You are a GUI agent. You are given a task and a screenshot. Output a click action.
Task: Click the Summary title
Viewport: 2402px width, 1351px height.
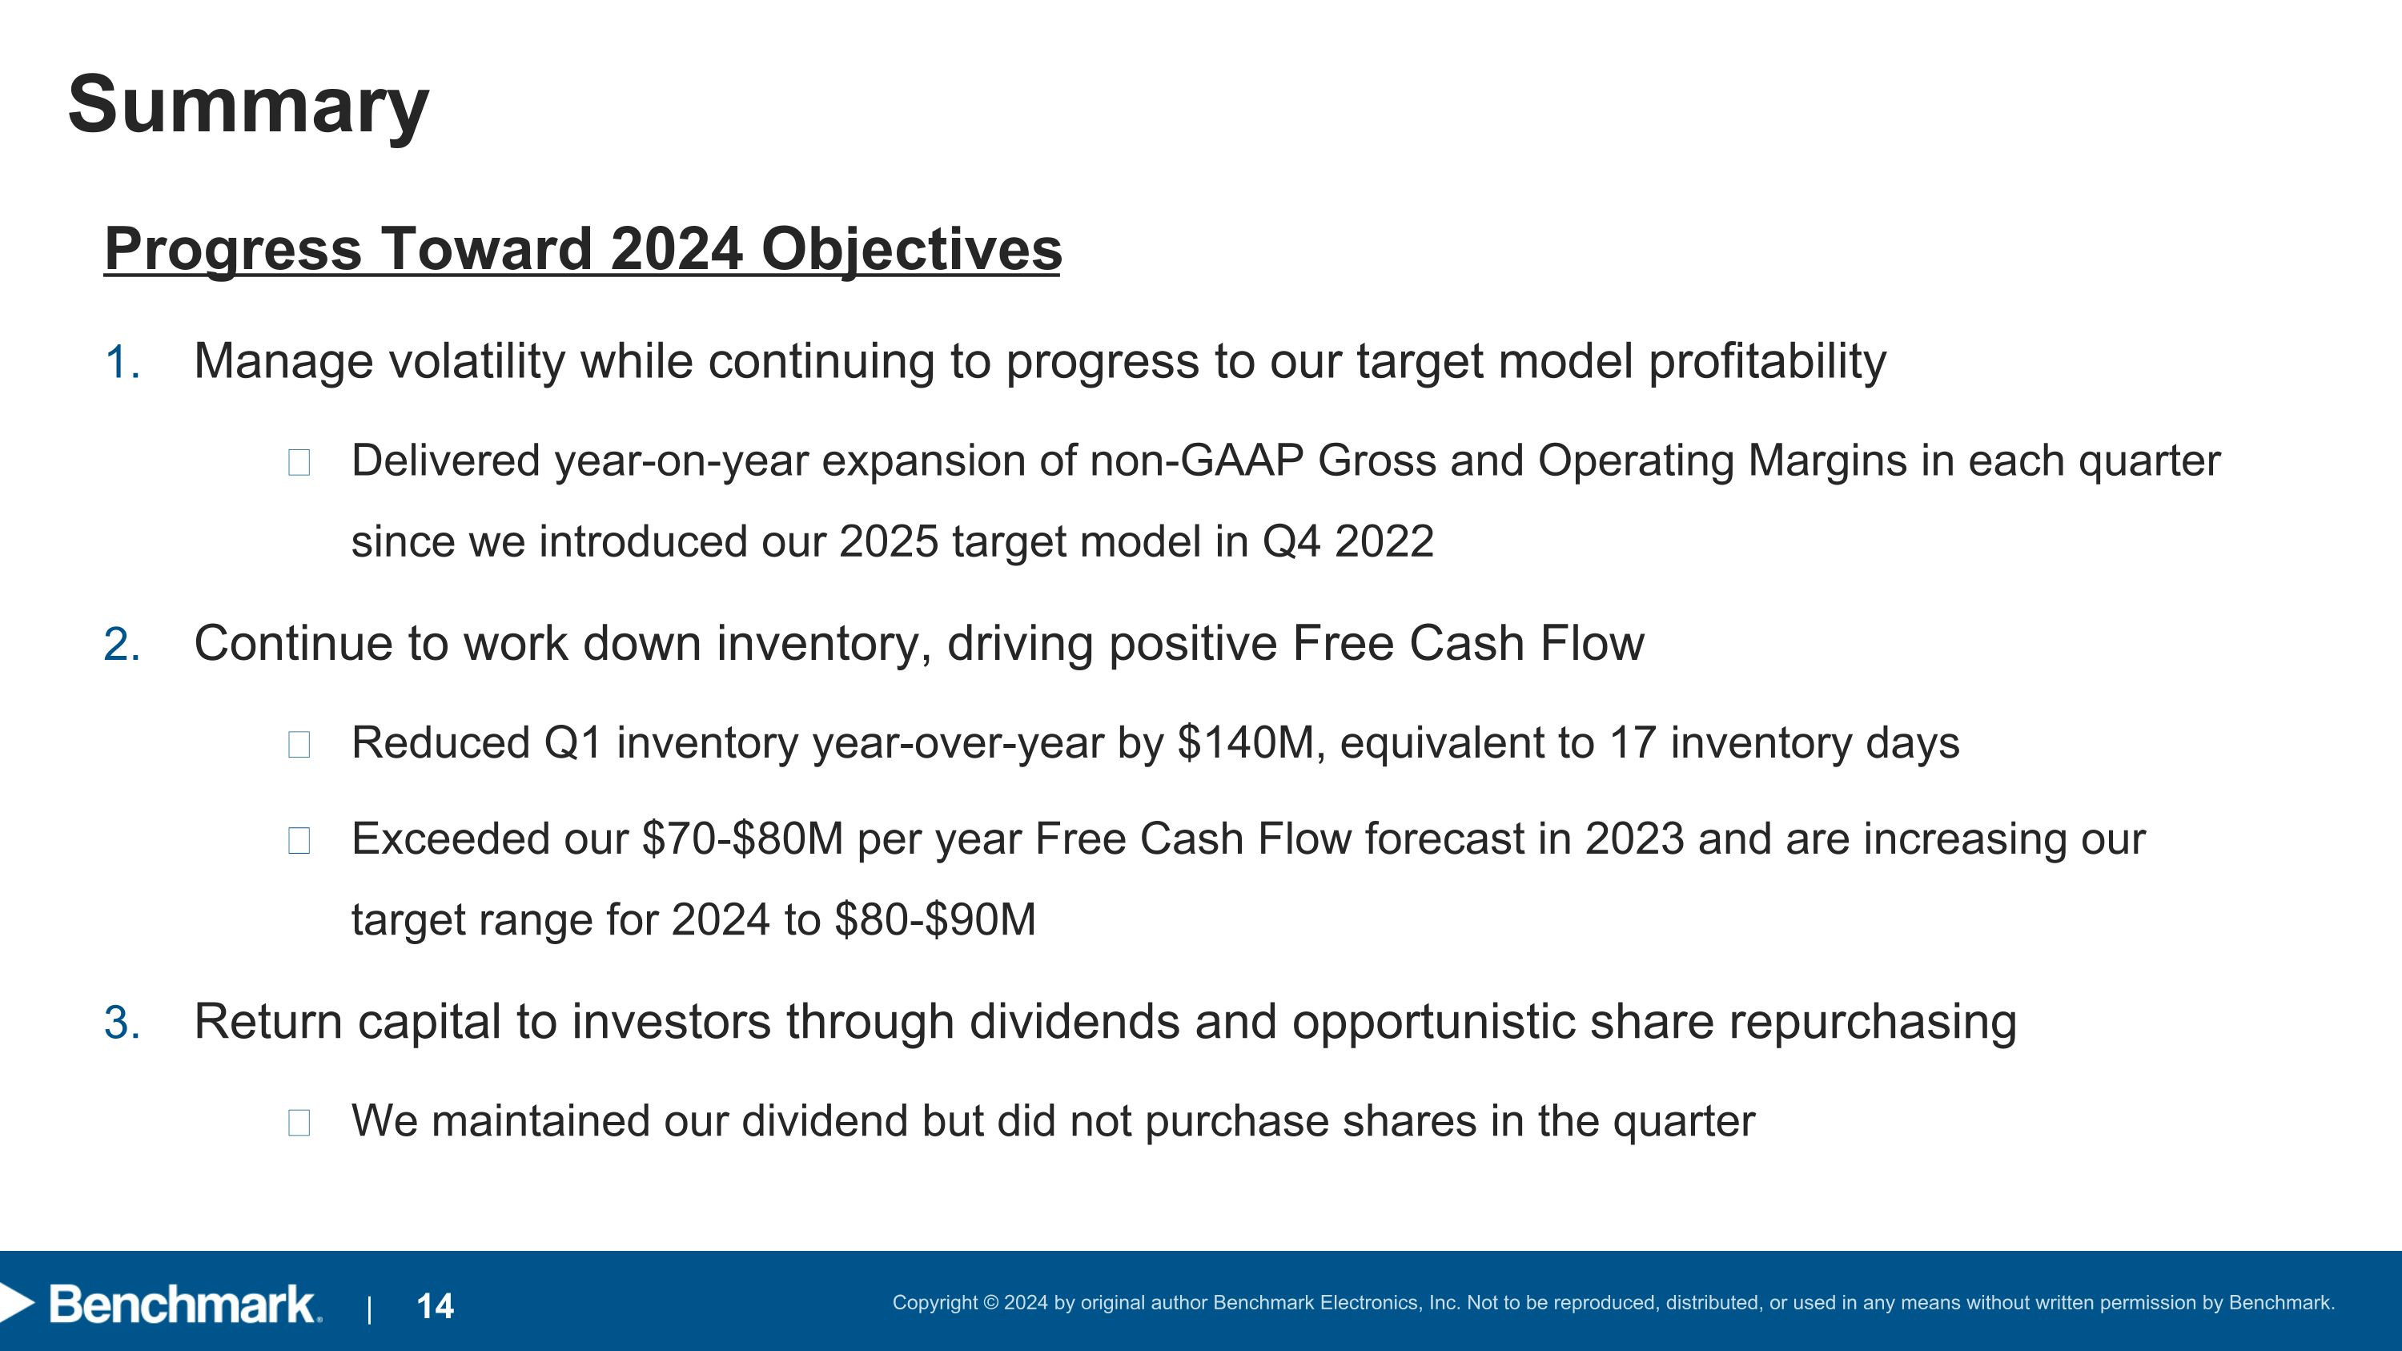(x=248, y=104)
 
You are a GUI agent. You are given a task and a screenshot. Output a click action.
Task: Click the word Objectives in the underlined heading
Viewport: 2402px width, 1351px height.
(x=911, y=250)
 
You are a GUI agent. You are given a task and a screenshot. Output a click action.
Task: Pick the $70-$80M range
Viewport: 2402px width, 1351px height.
(x=742, y=839)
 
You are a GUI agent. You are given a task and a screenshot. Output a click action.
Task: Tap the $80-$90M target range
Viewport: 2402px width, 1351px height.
(x=935, y=920)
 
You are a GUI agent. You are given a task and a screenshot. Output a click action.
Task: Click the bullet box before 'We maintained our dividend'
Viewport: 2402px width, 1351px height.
(x=299, y=1123)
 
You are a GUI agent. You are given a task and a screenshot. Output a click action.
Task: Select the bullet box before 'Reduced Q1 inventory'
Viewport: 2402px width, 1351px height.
(x=299, y=745)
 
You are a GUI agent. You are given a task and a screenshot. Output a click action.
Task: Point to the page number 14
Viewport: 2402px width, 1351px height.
(x=435, y=1306)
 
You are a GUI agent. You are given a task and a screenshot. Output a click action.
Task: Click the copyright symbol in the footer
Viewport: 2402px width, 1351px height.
(x=990, y=1302)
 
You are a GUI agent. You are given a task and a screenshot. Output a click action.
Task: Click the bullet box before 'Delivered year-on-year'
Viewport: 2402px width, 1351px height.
(x=299, y=462)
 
